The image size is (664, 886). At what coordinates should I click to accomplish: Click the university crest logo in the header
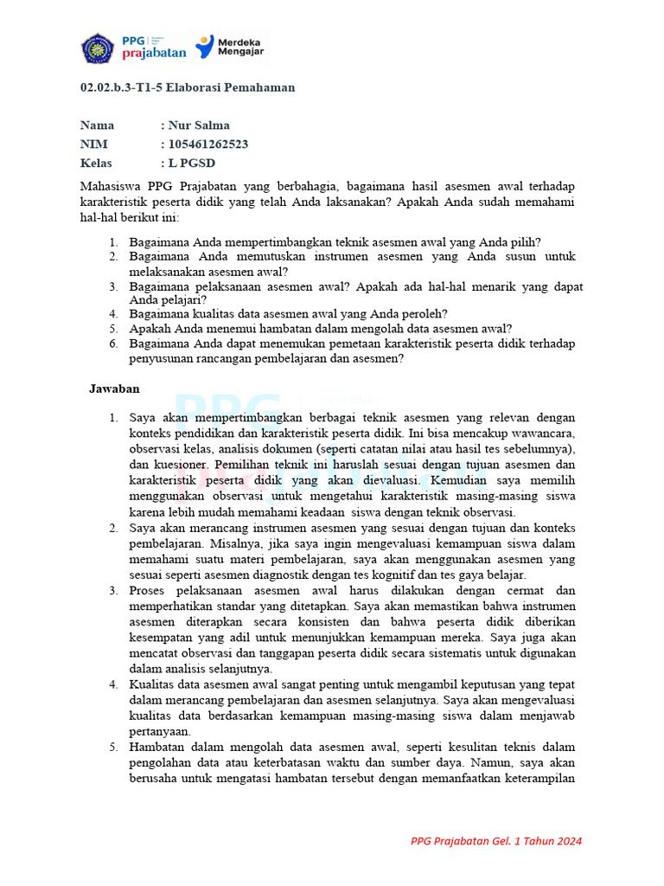[98, 47]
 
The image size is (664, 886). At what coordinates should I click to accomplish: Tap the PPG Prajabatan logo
[156, 47]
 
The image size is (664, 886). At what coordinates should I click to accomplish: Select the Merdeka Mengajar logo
[230, 47]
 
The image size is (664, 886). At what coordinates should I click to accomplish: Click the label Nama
[97, 125]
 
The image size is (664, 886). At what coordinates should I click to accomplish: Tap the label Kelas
[96, 164]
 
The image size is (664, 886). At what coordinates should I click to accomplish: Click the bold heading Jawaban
[114, 389]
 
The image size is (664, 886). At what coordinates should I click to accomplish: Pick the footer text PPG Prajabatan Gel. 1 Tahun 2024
[496, 841]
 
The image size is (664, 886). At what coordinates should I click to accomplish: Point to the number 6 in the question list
[113, 343]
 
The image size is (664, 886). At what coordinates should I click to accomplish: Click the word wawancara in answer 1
[543, 433]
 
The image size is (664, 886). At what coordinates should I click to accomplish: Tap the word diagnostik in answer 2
[323, 575]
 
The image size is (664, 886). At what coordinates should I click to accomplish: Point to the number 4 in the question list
[113, 313]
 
